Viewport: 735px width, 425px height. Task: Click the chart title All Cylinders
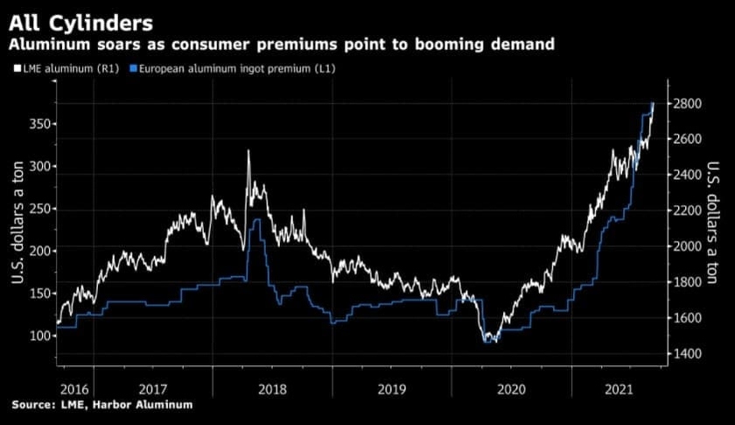click(78, 20)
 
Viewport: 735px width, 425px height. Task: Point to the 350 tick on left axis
click(38, 124)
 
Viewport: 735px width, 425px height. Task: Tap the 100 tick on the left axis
click(38, 336)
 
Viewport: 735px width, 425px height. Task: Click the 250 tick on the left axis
click(38, 209)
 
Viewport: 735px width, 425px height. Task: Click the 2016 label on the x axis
click(75, 388)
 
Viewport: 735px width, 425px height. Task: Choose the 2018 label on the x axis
click(273, 388)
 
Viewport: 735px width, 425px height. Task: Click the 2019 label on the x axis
click(392, 388)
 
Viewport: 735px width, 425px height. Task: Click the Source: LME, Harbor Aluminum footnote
click(101, 405)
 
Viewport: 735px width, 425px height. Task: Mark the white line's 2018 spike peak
click(248, 151)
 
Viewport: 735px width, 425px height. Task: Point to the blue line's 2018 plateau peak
click(256, 221)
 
